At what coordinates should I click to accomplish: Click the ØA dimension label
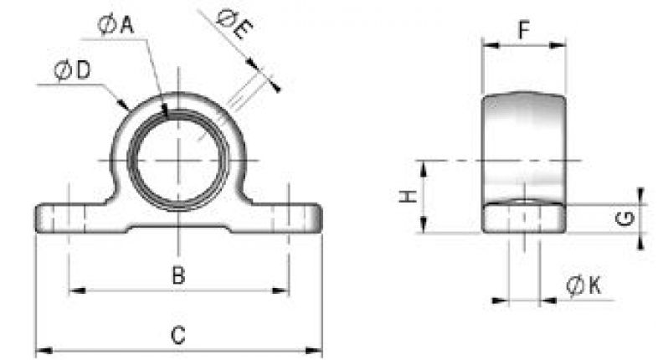click(116, 26)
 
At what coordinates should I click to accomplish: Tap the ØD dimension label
click(72, 72)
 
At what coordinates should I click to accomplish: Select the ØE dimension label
click(233, 23)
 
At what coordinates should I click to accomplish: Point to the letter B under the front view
click(177, 275)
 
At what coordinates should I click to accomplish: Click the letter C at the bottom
click(177, 335)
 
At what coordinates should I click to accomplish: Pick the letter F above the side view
click(523, 32)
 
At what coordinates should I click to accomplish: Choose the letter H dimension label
click(406, 197)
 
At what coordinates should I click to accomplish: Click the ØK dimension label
click(583, 285)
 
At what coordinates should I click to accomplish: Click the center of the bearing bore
click(178, 159)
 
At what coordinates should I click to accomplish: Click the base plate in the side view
click(525, 219)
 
